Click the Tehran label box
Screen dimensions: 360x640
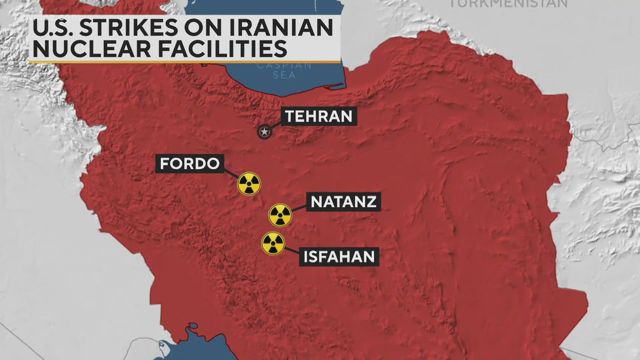coord(319,116)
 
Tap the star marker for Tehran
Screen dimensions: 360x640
coord(264,132)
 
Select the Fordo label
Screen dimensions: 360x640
coord(190,164)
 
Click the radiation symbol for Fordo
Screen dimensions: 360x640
coord(249,184)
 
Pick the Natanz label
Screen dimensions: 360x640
coord(343,202)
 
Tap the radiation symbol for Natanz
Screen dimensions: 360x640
coord(280,215)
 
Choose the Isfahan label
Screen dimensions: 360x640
coord(339,257)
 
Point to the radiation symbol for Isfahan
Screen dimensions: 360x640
coord(273,243)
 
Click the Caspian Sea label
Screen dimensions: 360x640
coord(284,70)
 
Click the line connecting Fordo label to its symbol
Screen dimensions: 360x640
coord(232,174)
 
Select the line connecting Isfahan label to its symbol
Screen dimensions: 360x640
coord(292,250)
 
